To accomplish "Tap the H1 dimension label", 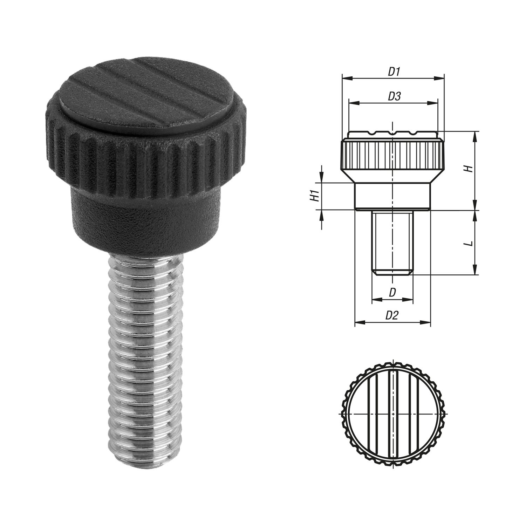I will (x=315, y=196).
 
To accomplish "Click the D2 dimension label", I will (x=392, y=315).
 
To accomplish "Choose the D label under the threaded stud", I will (x=392, y=293).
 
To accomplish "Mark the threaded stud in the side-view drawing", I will (x=392, y=242).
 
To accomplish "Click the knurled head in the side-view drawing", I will (x=392, y=154).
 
